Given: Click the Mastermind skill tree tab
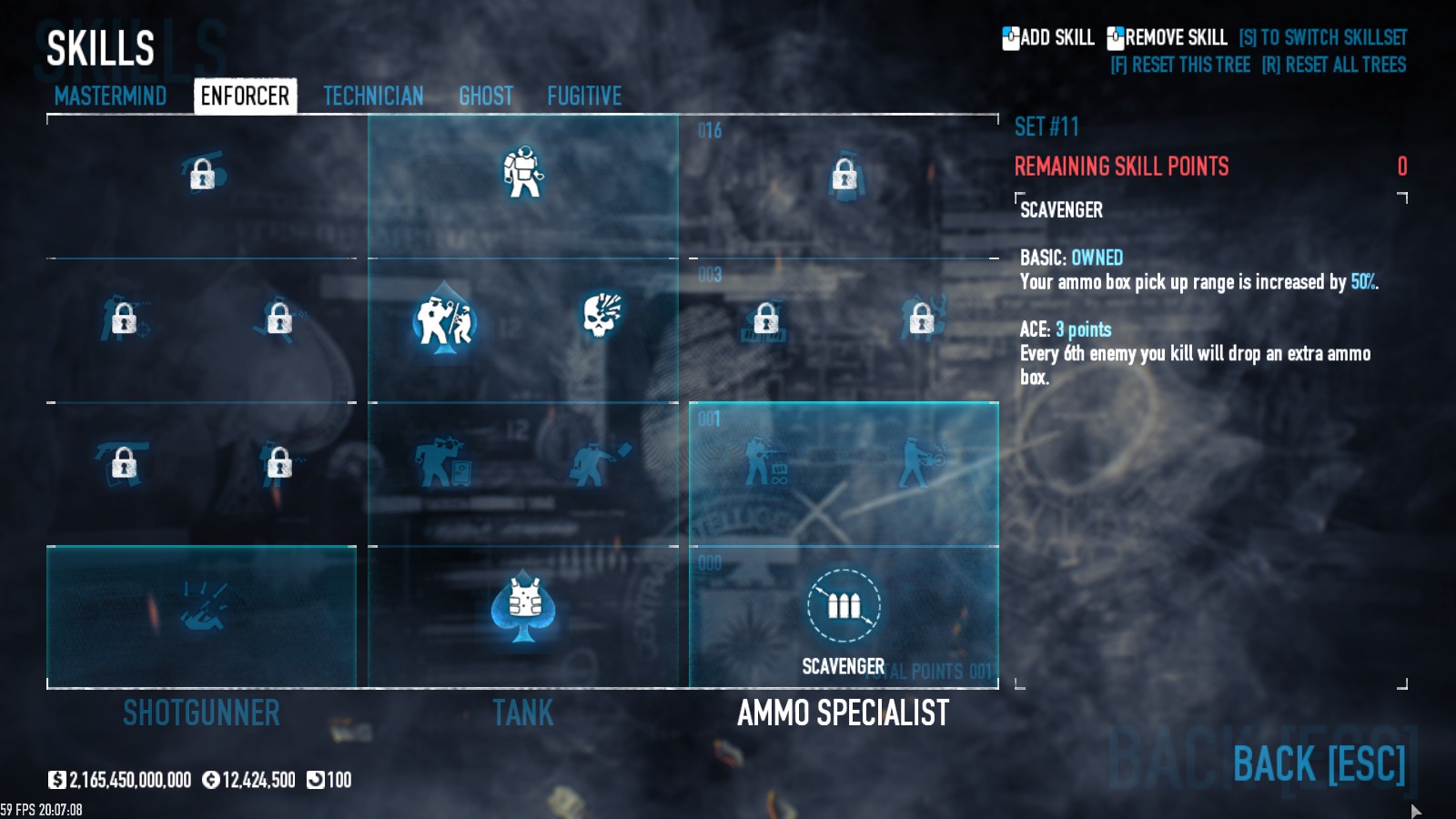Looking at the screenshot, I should pyautogui.click(x=110, y=96).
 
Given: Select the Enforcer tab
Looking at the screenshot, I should pyautogui.click(x=245, y=96).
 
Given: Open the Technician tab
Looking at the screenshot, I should pyautogui.click(x=373, y=96).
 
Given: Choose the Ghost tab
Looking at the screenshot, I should pyautogui.click(x=486, y=96).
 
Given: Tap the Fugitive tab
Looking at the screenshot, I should pyautogui.click(x=584, y=96).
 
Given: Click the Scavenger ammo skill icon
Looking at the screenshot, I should pyautogui.click(x=844, y=606).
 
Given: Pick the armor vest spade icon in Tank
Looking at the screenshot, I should pyautogui.click(x=523, y=605).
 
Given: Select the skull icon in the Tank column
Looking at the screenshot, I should pyautogui.click(x=602, y=315).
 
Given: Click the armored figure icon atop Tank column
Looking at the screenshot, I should pyautogui.click(x=523, y=172).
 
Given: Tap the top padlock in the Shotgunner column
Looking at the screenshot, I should pyautogui.click(x=202, y=173).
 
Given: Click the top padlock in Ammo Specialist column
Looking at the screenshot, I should pyautogui.click(x=844, y=175).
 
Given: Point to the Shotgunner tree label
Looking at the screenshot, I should pyautogui.click(x=201, y=713).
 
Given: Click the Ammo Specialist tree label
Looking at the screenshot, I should pyautogui.click(x=844, y=713).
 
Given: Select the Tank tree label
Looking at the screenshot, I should pyautogui.click(x=523, y=713).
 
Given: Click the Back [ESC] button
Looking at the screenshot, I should pyautogui.click(x=1319, y=763).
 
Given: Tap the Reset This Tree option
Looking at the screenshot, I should pyautogui.click(x=1180, y=65).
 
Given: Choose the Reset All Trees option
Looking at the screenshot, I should pyautogui.click(x=1333, y=65).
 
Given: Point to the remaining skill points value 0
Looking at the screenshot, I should pyautogui.click(x=1402, y=167).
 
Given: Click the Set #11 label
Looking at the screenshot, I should pyautogui.click(x=1046, y=126).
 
